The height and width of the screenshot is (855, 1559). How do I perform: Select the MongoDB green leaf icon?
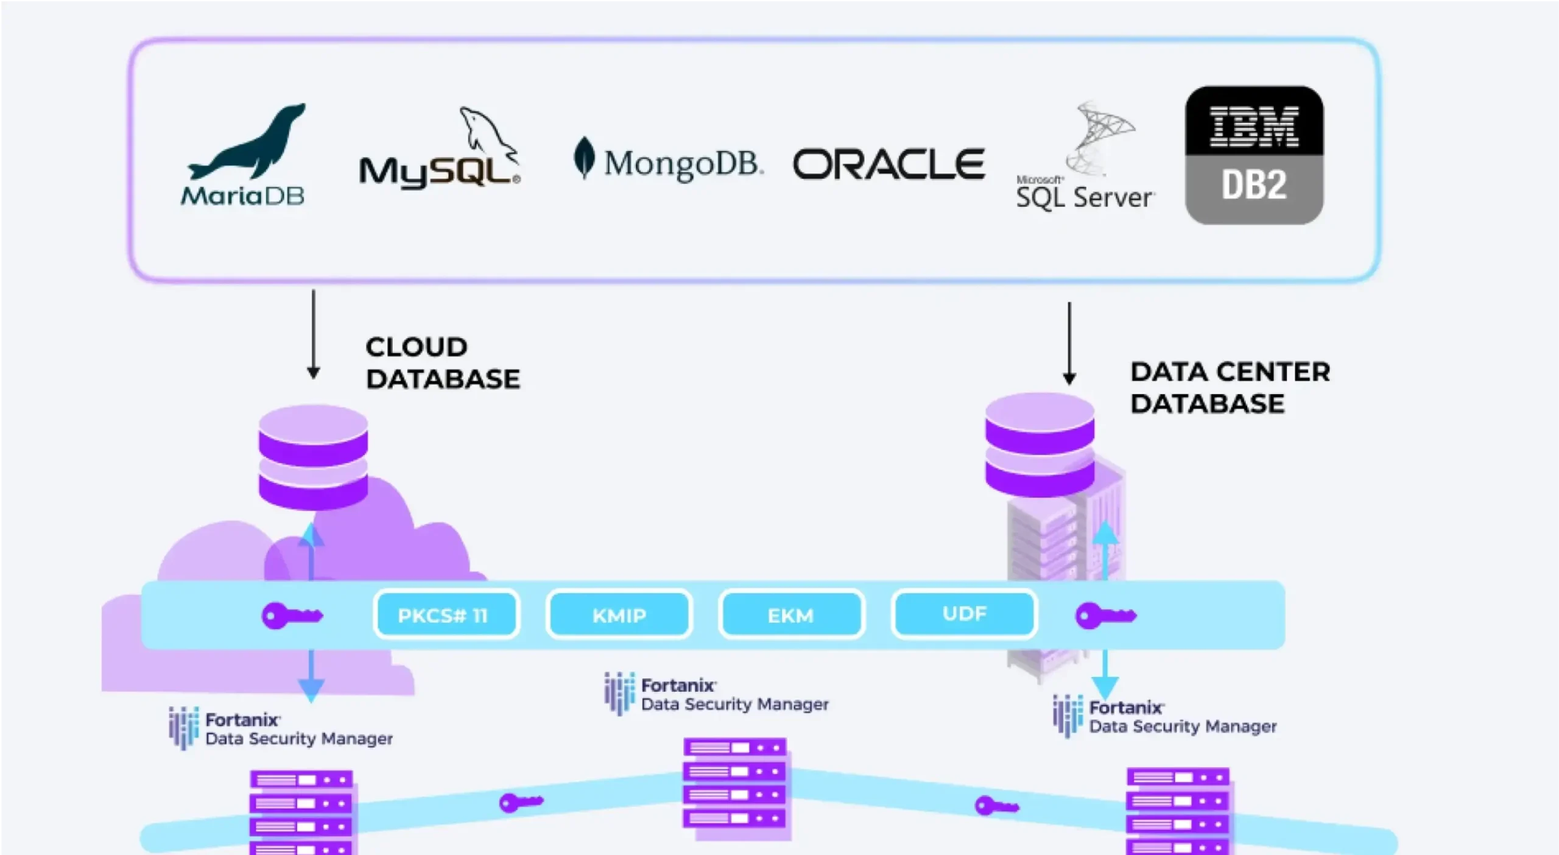[584, 157]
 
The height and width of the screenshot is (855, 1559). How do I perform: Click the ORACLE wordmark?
[889, 164]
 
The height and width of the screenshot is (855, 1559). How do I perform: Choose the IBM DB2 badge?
[1254, 155]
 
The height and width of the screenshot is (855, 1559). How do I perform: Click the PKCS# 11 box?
[446, 615]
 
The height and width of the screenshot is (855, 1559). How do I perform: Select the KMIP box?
[619, 615]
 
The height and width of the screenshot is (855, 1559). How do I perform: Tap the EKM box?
[791, 615]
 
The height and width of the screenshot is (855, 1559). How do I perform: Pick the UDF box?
[964, 614]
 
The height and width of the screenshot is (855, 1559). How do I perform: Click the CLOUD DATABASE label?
[443, 363]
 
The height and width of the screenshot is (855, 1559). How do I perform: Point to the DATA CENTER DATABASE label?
[1230, 387]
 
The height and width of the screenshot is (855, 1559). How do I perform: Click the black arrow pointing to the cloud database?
[314, 335]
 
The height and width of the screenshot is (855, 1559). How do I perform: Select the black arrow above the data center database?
[1069, 344]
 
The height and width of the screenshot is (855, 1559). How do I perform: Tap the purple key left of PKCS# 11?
[292, 616]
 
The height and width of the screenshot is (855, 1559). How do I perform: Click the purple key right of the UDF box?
[1105, 616]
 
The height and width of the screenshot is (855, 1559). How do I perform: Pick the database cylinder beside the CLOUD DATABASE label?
[313, 457]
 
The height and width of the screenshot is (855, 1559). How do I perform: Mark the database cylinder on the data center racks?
[1040, 445]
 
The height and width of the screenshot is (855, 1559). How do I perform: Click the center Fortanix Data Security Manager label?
[717, 694]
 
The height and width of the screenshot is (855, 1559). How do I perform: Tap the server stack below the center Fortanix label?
[735, 786]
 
